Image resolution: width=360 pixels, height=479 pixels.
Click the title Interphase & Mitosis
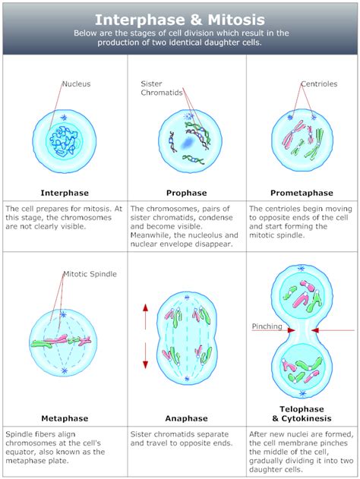tap(180, 20)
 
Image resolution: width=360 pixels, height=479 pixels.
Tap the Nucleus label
tap(77, 84)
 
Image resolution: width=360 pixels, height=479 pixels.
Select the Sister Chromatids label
tap(162, 88)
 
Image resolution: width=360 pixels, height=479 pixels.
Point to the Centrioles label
tap(319, 84)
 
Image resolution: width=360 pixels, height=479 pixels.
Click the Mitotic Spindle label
tap(90, 274)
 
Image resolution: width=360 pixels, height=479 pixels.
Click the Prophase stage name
tap(186, 193)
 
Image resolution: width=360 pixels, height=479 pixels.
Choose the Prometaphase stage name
tap(302, 193)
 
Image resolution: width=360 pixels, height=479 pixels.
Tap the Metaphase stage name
tap(65, 418)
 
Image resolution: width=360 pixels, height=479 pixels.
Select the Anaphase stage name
tap(186, 418)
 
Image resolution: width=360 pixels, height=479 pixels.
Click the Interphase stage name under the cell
tap(65, 193)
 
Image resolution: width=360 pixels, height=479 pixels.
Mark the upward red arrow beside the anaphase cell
tap(146, 317)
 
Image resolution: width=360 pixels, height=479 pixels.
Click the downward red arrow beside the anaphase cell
tap(146, 355)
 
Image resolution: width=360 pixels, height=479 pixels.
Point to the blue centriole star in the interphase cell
tap(64, 118)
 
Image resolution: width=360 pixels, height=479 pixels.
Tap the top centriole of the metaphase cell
tap(63, 314)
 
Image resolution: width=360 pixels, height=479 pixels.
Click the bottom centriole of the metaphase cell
tap(64, 371)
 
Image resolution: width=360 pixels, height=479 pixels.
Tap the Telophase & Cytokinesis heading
tap(302, 414)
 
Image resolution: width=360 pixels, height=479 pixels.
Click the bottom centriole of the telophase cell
tap(302, 393)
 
